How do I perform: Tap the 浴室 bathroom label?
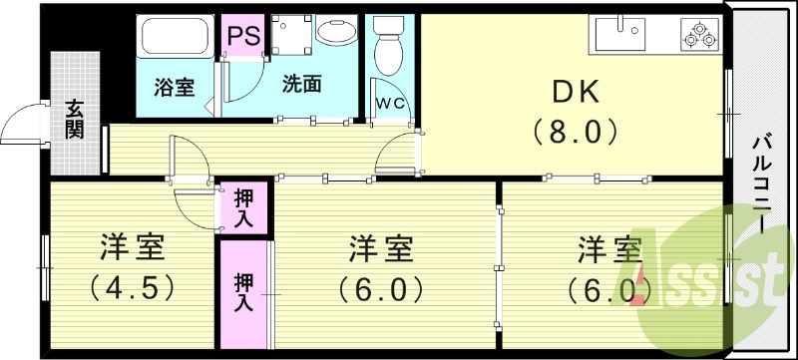point(174,87)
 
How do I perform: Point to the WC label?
point(389,103)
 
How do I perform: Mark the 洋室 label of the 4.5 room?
point(132,245)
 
